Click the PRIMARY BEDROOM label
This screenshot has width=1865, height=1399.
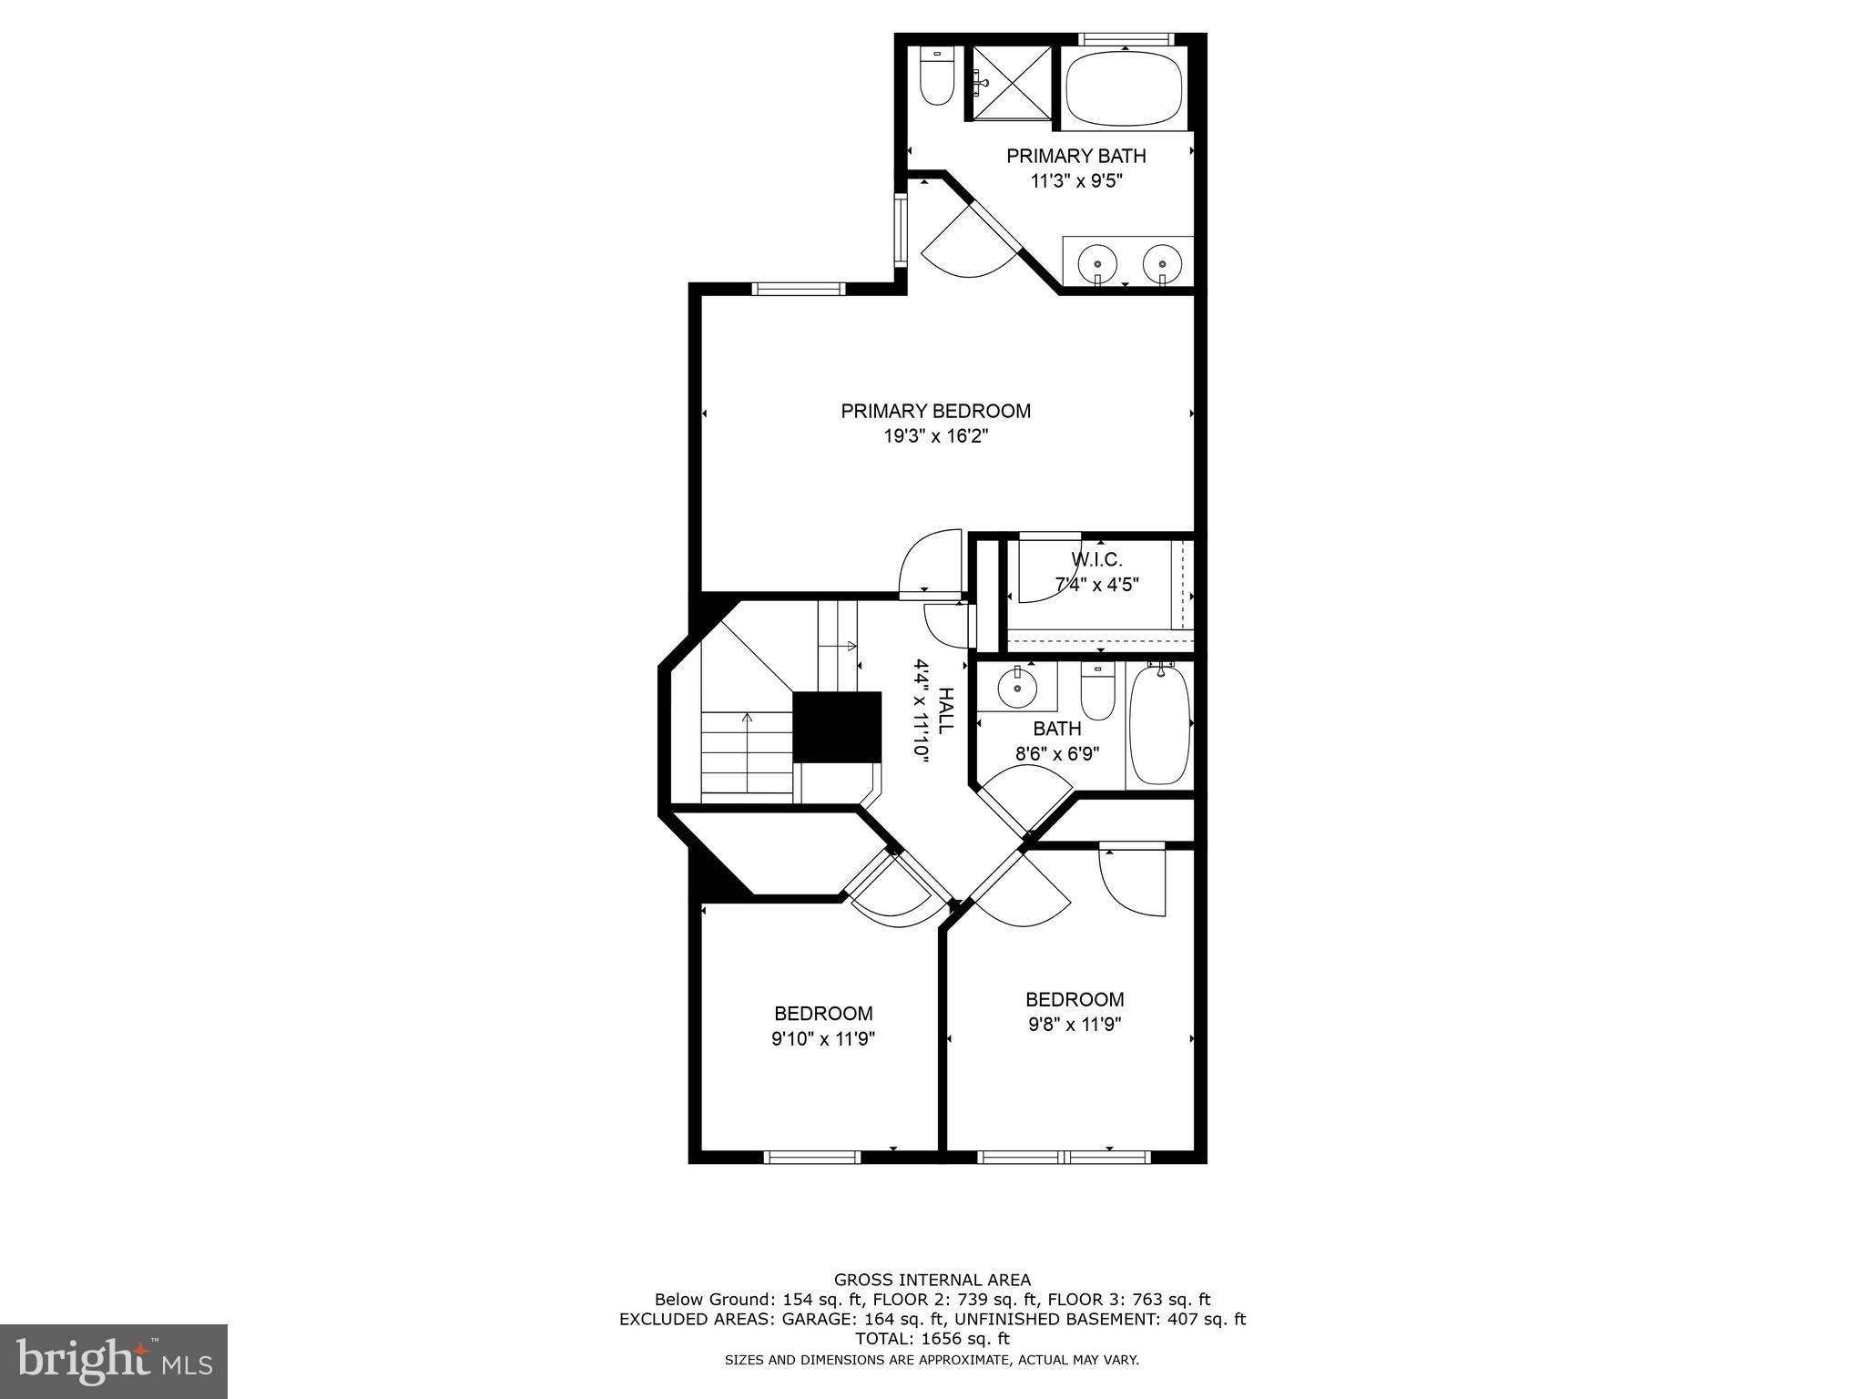(x=935, y=411)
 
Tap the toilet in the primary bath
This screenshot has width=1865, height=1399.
(x=935, y=77)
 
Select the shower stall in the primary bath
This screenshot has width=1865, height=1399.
(x=1012, y=83)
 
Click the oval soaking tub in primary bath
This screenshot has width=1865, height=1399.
(x=1125, y=88)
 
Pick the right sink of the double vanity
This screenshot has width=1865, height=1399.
(x=1162, y=263)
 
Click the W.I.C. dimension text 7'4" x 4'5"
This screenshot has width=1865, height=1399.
(x=1096, y=585)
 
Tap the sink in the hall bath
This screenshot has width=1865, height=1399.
(x=1015, y=688)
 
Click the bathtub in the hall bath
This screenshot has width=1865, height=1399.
(x=1159, y=725)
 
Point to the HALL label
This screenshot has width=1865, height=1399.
(x=945, y=710)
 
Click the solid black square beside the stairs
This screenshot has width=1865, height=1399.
(x=837, y=726)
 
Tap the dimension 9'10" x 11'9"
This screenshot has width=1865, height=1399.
(x=823, y=1038)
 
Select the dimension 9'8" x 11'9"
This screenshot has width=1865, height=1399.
(x=1075, y=1024)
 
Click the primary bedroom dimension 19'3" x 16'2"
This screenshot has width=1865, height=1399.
(x=935, y=436)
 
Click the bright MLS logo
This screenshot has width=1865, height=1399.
(x=114, y=1362)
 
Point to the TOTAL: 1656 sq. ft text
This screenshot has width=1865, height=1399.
(x=932, y=1339)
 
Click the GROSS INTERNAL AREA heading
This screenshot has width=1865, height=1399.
(x=932, y=1280)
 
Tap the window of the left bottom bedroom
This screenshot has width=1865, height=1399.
(x=811, y=1158)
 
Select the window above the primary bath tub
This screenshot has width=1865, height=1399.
(x=1125, y=39)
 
